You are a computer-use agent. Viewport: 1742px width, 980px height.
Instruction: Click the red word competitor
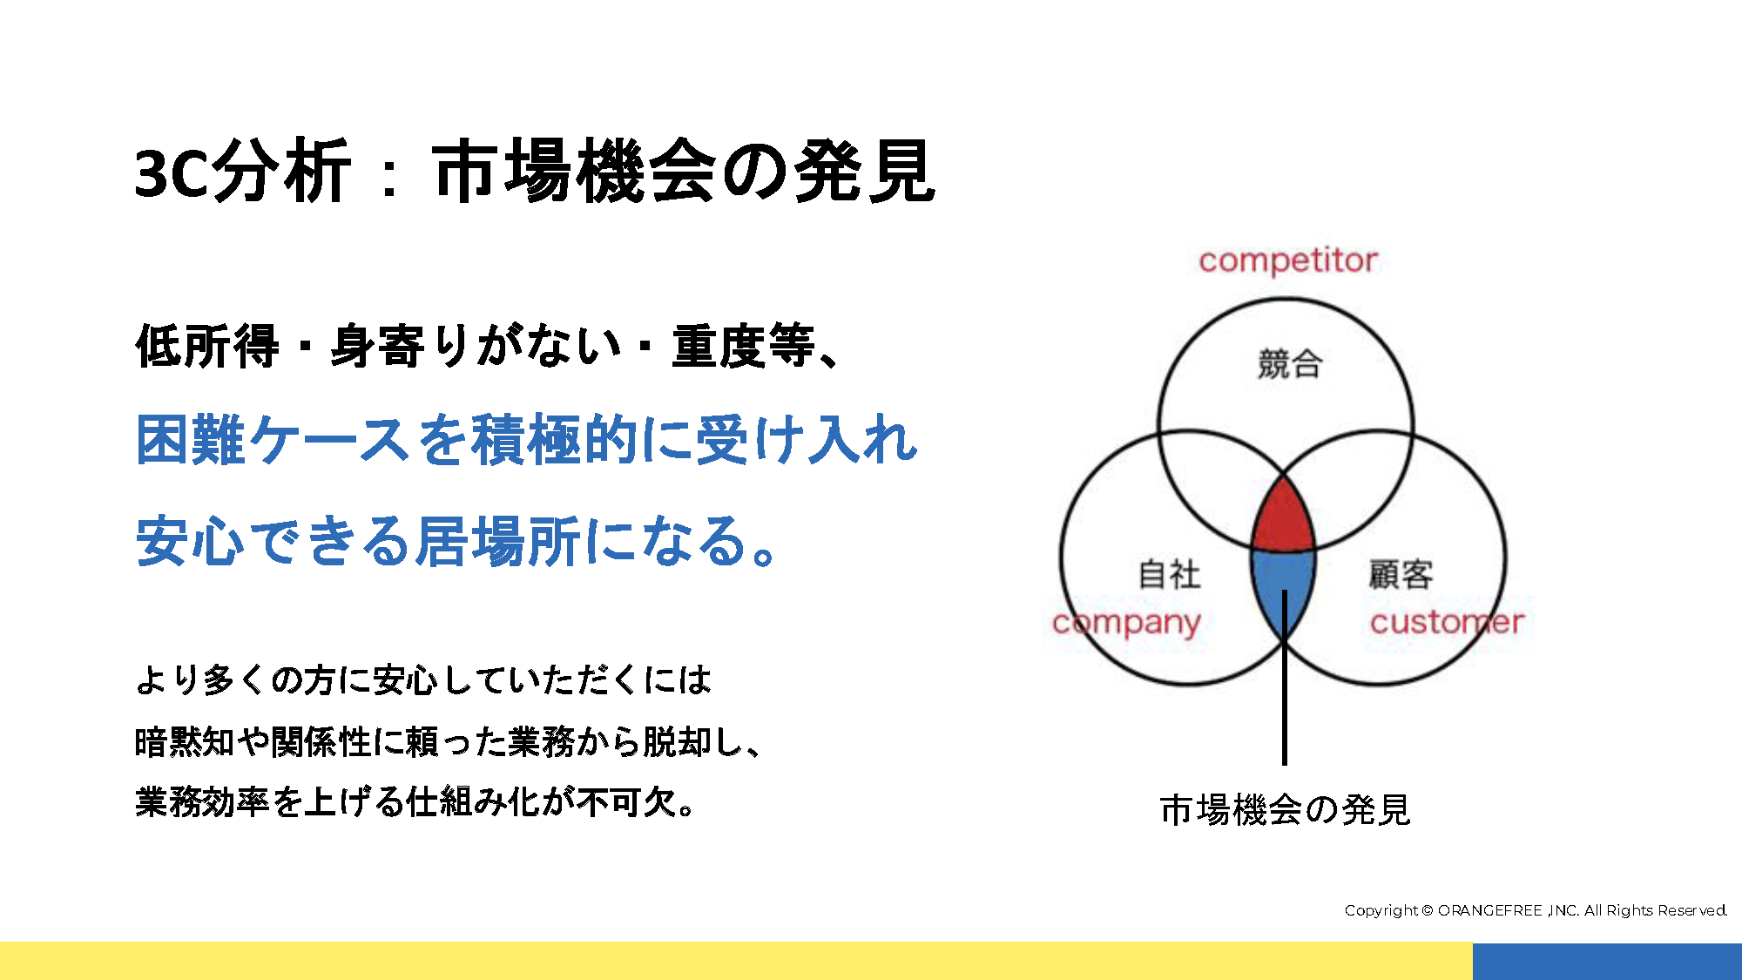click(x=1288, y=260)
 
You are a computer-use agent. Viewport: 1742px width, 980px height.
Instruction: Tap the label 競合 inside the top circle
click(x=1290, y=364)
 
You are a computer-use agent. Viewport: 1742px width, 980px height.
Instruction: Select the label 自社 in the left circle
click(x=1170, y=575)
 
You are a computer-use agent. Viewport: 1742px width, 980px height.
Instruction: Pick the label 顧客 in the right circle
click(x=1401, y=575)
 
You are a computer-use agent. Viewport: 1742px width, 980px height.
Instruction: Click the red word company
click(x=1126, y=623)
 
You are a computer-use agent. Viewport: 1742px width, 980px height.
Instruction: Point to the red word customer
click(x=1447, y=622)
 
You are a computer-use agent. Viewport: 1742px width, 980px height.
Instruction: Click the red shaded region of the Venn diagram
click(x=1283, y=518)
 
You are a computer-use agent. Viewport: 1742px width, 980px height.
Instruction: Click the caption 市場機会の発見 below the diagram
click(x=1285, y=809)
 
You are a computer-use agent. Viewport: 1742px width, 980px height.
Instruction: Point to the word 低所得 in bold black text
click(x=207, y=346)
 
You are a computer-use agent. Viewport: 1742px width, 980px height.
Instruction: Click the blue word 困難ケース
click(x=273, y=440)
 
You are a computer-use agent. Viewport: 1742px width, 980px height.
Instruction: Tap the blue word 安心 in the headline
click(x=190, y=541)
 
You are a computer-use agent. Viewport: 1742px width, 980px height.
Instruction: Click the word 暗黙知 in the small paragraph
click(x=186, y=742)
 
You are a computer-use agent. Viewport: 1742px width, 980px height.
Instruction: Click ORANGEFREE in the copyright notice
click(x=1489, y=910)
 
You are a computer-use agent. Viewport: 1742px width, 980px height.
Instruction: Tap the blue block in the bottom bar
click(x=1607, y=961)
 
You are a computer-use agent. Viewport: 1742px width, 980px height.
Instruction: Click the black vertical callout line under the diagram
click(x=1284, y=677)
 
